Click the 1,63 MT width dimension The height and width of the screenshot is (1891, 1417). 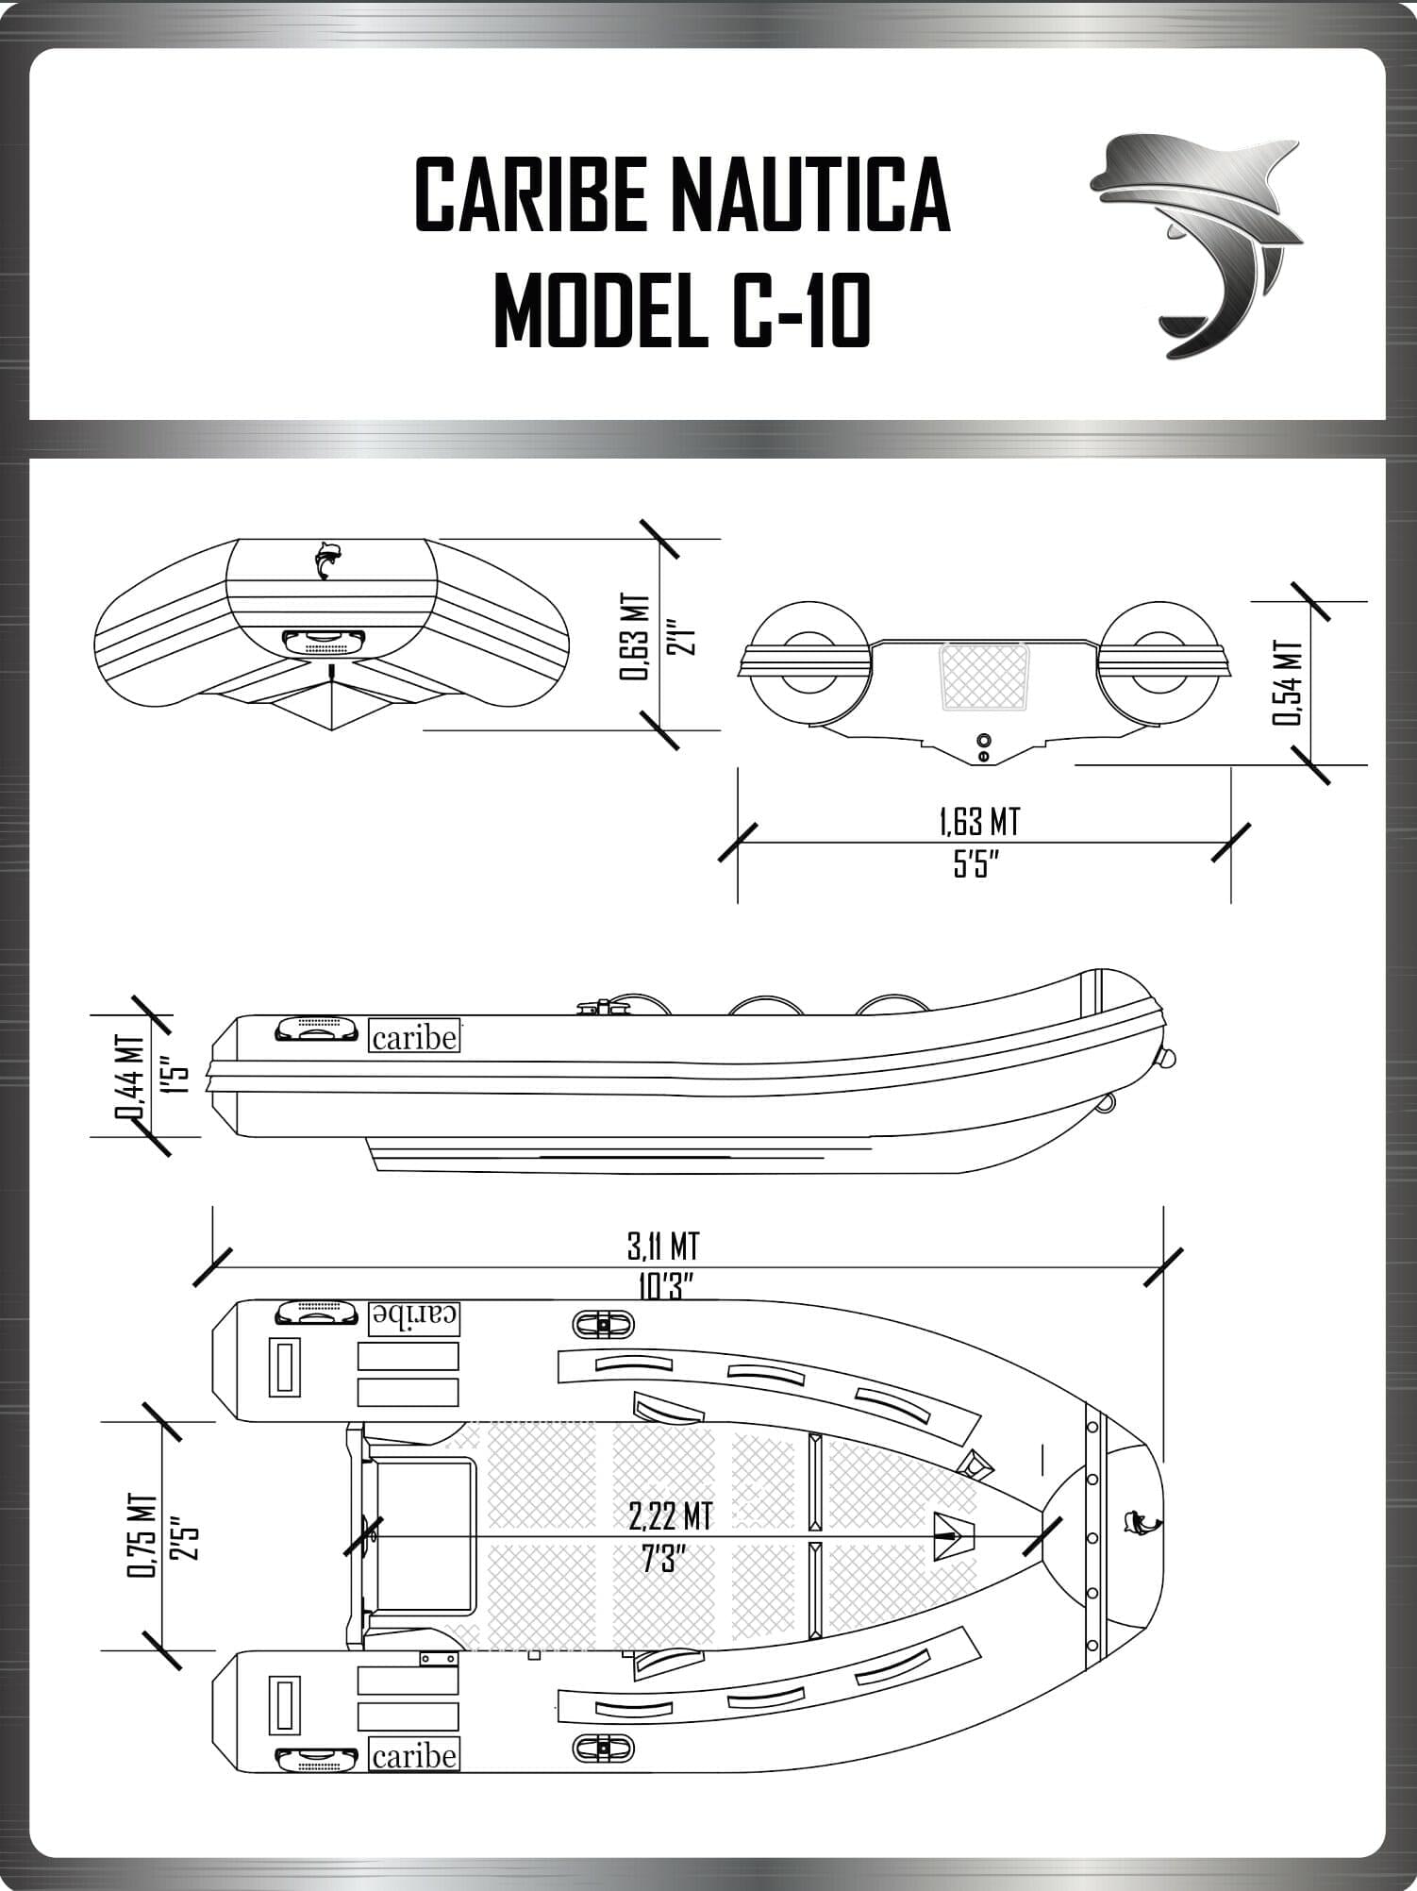979,822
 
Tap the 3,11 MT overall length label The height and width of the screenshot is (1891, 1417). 663,1247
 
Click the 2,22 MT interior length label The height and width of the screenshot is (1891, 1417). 669,1516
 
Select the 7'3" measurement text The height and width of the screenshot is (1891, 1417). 662,1559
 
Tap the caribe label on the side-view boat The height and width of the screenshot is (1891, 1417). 414,1037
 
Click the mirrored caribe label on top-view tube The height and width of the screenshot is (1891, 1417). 414,1317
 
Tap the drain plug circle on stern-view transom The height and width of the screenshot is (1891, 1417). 983,739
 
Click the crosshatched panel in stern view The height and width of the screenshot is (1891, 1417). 978,677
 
